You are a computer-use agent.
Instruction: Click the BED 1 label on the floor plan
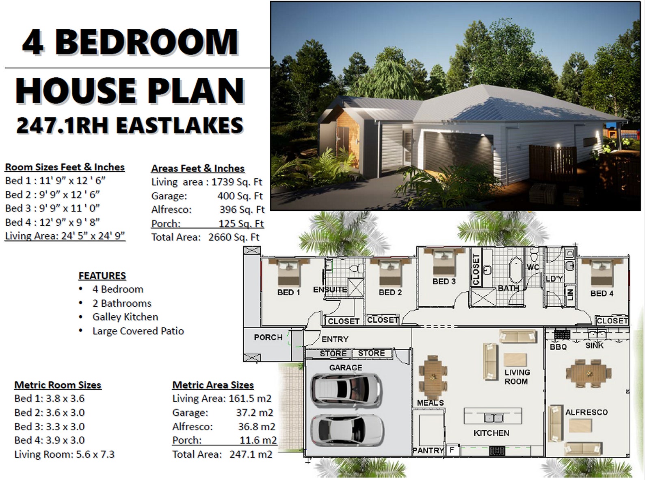[288, 292]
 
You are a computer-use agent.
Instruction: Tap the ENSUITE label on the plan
[330, 290]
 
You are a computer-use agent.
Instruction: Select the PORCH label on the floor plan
[268, 337]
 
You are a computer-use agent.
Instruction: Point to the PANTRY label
[428, 450]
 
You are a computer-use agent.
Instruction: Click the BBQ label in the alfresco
[558, 347]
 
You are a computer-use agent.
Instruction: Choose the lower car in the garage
[346, 430]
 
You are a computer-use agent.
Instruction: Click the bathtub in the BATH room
[515, 269]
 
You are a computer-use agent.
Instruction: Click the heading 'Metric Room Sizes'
[58, 385]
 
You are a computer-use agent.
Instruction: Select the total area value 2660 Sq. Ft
[234, 237]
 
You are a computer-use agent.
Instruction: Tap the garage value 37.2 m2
[254, 412]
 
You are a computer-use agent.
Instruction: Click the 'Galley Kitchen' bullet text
[125, 317]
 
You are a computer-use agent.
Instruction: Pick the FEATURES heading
[102, 276]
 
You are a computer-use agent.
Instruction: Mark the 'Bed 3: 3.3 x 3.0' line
[50, 426]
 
